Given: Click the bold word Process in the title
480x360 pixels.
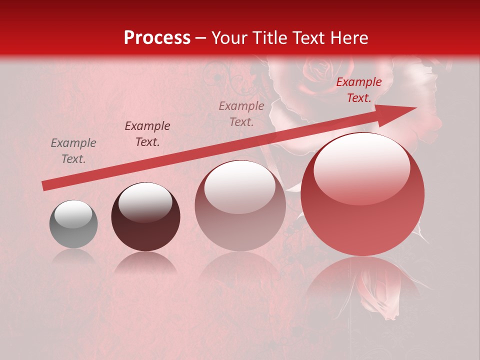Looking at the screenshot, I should click(x=157, y=38).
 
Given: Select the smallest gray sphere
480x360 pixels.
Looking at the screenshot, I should click(x=73, y=224).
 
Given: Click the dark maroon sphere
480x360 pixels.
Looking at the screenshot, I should click(x=145, y=217).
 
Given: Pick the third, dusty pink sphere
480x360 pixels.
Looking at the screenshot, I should click(x=240, y=205).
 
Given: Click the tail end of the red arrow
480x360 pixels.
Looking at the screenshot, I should click(x=44, y=186).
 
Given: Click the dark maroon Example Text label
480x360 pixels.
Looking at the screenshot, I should click(x=147, y=134).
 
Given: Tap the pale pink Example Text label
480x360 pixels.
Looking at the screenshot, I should click(x=241, y=113).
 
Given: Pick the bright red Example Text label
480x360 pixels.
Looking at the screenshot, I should click(x=359, y=90).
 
